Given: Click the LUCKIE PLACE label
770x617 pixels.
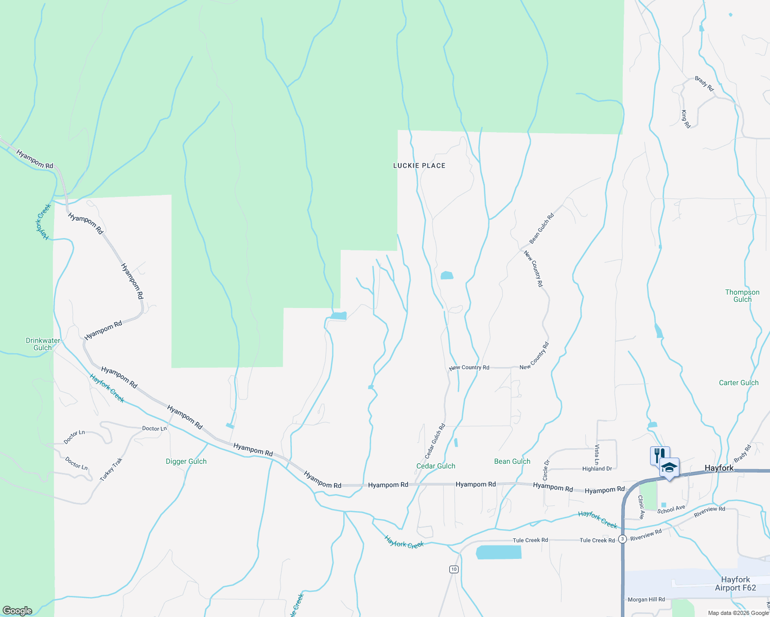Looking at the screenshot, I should [419, 166].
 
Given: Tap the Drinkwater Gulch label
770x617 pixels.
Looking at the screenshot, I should [43, 344].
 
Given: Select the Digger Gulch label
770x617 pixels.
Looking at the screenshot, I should [186, 461].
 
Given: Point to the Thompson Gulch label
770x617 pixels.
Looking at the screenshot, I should [742, 296].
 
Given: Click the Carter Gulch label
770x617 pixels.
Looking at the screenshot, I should [739, 383].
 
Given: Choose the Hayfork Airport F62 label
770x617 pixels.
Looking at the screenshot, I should [736, 584].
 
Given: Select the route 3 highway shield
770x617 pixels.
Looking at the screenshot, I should [623, 539].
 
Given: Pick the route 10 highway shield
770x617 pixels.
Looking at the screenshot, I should [453, 569].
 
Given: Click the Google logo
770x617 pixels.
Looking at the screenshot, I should [17, 611].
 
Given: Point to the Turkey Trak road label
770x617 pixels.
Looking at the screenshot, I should [111, 469].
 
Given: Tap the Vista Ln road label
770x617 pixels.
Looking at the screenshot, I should [597, 455].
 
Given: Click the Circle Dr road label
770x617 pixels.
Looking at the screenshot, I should [546, 470].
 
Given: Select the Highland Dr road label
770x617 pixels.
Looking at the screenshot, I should [597, 468].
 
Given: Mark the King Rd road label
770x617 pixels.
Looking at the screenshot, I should [685, 119].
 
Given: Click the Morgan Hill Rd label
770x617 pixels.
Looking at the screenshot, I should [646, 600].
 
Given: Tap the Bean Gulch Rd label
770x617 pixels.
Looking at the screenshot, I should [541, 228].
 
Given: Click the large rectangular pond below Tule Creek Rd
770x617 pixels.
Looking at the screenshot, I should [498, 553].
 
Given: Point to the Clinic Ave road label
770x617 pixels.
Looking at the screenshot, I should [641, 507].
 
